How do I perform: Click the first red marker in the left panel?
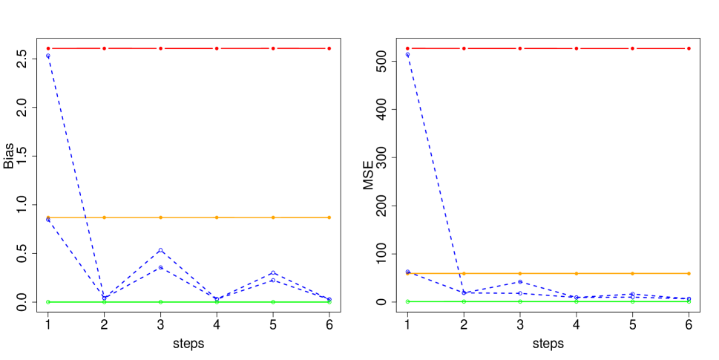tap(48, 48)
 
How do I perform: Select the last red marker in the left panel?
tap(329, 48)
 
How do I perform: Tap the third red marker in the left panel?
tap(160, 48)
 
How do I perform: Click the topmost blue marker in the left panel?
tap(48, 56)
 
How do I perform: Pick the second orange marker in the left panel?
tap(105, 217)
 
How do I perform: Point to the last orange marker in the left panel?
tap(329, 217)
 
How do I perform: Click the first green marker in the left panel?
tap(48, 301)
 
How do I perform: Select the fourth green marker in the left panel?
tap(217, 301)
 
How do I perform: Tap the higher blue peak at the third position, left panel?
tap(160, 250)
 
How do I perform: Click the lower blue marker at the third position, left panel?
tap(160, 266)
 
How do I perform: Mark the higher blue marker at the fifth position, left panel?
tap(273, 273)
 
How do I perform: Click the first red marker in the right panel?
tap(407, 48)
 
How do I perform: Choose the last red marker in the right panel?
tap(689, 48)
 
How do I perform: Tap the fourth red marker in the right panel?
tap(576, 48)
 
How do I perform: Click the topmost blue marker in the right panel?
tap(407, 54)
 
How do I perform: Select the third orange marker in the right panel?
tap(519, 273)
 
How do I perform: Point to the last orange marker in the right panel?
tap(689, 273)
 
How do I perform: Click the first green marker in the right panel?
tap(407, 301)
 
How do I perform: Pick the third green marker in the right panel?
tap(519, 301)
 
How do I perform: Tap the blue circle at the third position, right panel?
tap(519, 282)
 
